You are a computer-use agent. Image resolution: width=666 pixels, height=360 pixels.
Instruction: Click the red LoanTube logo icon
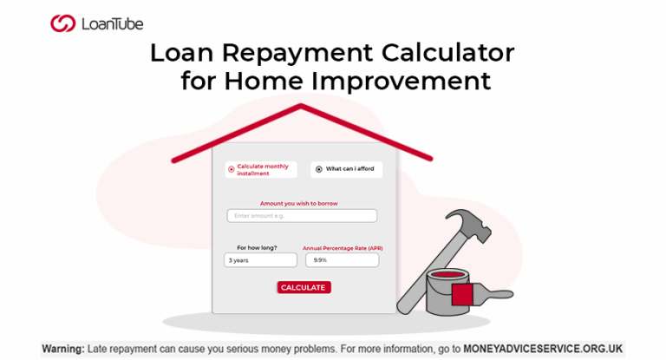coord(62,23)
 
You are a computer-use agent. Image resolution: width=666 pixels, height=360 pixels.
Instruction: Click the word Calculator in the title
coord(447,53)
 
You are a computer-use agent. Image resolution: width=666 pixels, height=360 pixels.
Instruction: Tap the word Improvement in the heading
coord(401,81)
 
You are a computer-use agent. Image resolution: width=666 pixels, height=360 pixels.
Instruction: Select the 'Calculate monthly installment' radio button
coord(231,169)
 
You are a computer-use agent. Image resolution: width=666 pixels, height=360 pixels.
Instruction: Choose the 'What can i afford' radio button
coord(318,169)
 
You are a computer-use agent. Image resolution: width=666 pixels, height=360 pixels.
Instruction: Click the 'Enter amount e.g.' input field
coord(302,216)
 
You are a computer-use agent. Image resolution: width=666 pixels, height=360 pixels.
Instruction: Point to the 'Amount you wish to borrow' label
coord(299,204)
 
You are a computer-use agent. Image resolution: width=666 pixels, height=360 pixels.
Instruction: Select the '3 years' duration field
coord(260,260)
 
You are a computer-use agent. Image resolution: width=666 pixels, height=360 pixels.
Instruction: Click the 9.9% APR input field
coord(342,260)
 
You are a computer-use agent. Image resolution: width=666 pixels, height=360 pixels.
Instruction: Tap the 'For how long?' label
coord(257,248)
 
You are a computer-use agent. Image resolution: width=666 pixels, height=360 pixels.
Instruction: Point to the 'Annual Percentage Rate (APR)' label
coord(343,248)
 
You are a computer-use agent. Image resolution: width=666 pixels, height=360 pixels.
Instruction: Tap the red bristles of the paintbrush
coord(462,295)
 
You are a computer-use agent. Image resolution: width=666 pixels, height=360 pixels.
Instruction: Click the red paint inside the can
coord(447,275)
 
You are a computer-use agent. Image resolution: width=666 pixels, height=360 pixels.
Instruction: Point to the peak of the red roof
coord(301,106)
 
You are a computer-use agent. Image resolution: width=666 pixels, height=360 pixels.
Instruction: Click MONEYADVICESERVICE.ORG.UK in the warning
coord(543,349)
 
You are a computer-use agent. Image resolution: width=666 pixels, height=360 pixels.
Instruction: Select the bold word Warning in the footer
coord(63,349)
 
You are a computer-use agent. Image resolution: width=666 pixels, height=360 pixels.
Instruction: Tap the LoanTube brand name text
coord(113,24)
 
